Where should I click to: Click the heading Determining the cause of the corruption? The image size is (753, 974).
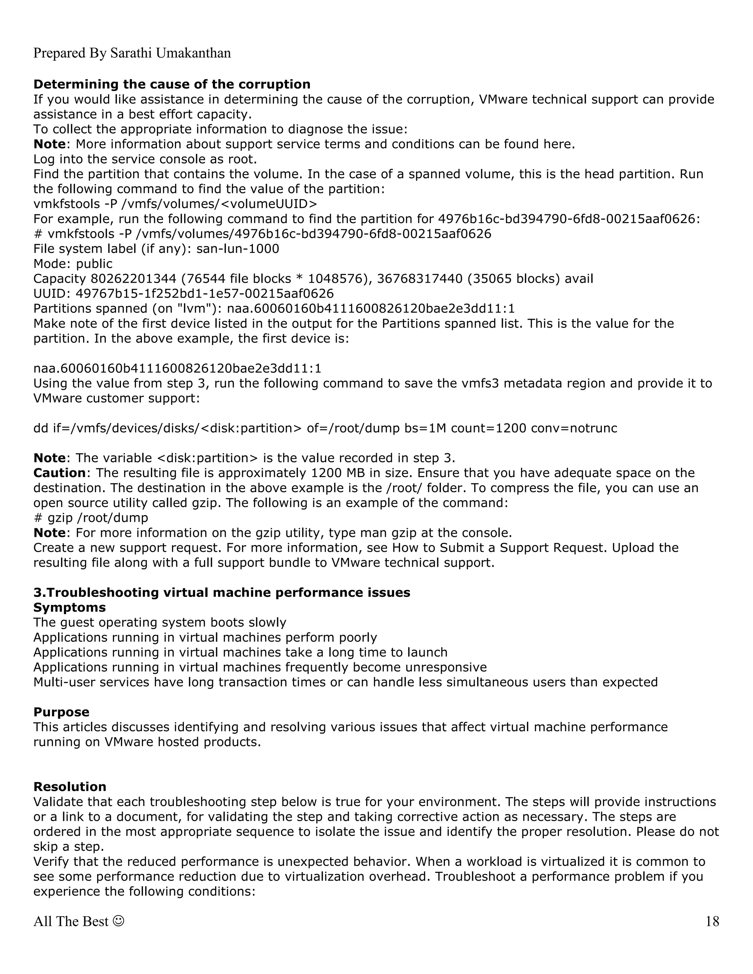point(172,84)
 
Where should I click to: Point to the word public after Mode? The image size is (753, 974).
point(94,264)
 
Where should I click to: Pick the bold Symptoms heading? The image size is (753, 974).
point(69,608)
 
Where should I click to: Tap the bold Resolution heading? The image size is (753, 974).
point(69,786)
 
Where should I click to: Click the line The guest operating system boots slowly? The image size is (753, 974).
point(160,622)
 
